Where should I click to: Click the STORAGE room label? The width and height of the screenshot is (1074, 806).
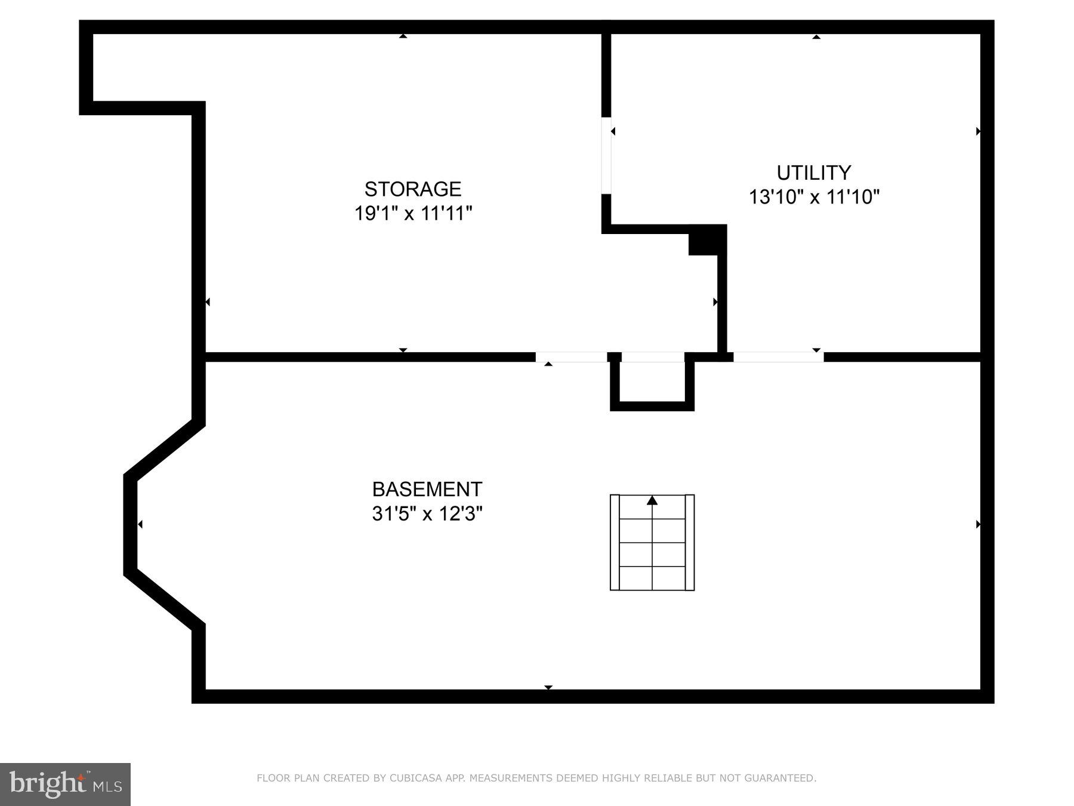(413, 189)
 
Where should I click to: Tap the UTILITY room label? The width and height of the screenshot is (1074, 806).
(813, 173)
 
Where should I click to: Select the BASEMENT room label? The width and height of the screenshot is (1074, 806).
(427, 490)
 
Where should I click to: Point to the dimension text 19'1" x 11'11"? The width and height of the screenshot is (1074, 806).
(413, 213)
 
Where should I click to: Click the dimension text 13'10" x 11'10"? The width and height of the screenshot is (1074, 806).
(814, 196)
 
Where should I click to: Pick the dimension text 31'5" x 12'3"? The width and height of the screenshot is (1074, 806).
(427, 513)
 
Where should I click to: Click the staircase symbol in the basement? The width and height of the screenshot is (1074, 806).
(652, 543)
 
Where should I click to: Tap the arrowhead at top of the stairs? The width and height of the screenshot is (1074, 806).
(652, 500)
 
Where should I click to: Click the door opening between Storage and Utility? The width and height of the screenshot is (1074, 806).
(606, 155)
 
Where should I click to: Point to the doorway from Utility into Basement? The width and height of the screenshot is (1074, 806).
(778, 357)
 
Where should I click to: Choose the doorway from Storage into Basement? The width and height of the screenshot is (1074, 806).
(571, 357)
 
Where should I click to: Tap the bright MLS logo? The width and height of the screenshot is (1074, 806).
(65, 784)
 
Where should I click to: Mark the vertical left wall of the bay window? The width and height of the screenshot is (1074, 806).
(130, 524)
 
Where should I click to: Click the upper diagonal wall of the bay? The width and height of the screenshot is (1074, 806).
(164, 448)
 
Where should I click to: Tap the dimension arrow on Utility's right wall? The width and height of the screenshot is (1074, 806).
(978, 131)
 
